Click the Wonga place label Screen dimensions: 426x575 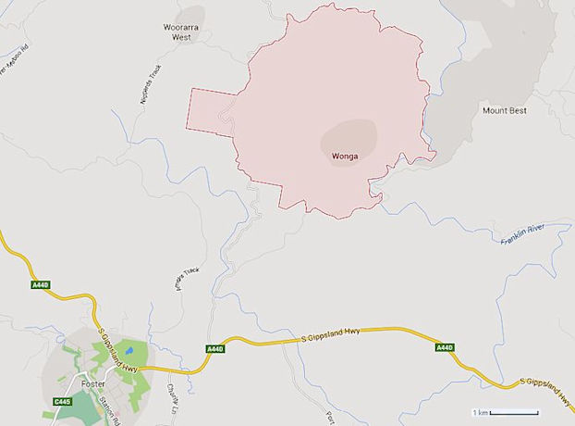[x=344, y=156]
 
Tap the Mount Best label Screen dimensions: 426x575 [x=504, y=110]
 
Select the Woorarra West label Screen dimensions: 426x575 [x=176, y=32]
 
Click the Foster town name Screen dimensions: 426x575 [x=93, y=383]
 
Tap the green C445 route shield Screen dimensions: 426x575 [x=62, y=401]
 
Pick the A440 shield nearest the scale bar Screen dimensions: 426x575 [x=445, y=347]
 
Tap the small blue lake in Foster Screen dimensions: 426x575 [x=128, y=352]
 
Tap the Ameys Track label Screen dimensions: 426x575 [x=187, y=280]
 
